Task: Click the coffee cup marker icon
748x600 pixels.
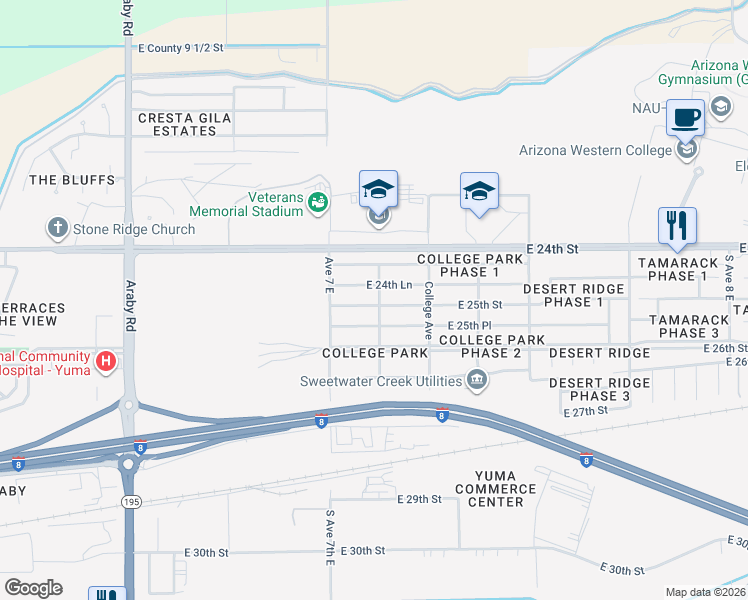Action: [x=686, y=118]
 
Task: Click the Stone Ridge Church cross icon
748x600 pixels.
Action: [x=57, y=229]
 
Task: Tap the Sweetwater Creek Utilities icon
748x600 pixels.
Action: [x=477, y=380]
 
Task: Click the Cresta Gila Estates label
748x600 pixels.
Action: [x=185, y=125]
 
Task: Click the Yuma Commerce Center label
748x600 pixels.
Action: [x=495, y=489]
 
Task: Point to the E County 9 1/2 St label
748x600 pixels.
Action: [x=181, y=47]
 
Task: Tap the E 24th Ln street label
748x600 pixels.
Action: [x=389, y=285]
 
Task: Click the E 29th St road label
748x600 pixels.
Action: [x=419, y=498]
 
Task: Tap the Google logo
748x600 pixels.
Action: [x=33, y=588]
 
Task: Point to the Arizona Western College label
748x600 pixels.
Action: [x=595, y=151]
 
